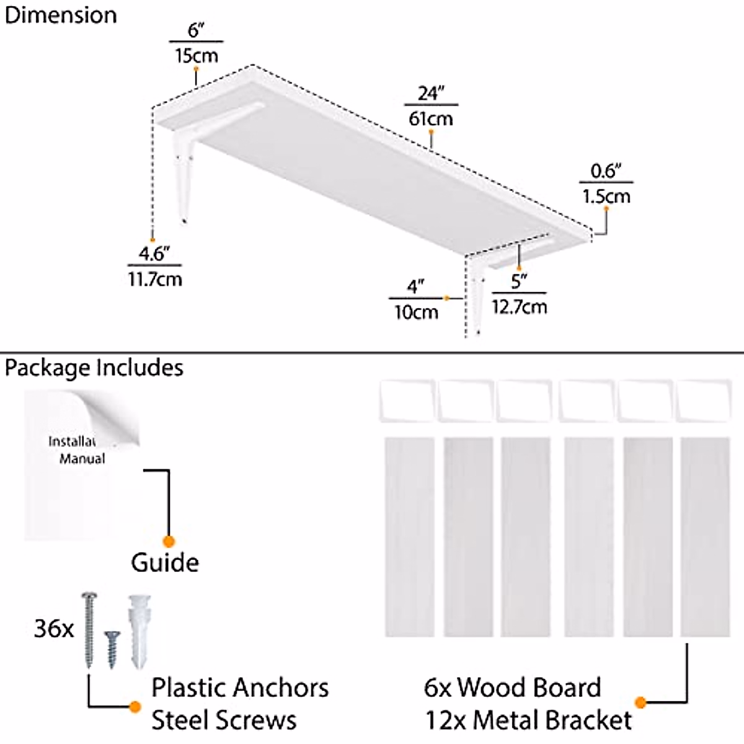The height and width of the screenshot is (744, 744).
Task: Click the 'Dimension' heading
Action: click(x=61, y=16)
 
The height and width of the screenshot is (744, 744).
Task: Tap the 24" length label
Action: click(x=431, y=94)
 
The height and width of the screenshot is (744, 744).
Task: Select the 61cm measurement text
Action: click(x=431, y=118)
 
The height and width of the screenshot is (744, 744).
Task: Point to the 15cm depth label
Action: click(x=197, y=56)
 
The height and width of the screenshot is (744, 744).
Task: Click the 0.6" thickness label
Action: click(x=606, y=171)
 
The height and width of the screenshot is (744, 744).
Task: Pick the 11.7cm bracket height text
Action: click(x=155, y=279)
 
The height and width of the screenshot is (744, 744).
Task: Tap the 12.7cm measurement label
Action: click(x=520, y=307)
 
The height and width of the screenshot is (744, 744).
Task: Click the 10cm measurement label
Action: click(x=416, y=312)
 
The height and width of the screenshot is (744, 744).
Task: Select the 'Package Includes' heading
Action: click(x=94, y=368)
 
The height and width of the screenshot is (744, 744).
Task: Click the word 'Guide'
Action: click(x=165, y=562)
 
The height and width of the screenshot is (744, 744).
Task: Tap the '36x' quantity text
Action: click(x=54, y=629)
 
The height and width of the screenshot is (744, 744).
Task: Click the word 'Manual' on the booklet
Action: click(x=82, y=459)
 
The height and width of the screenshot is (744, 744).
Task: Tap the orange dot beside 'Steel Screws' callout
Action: click(x=135, y=707)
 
